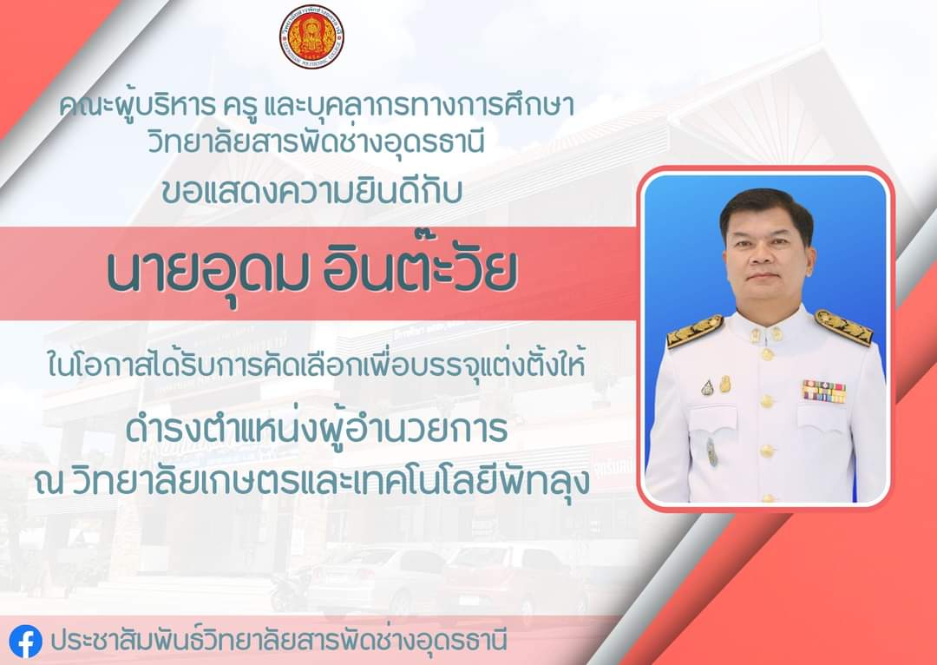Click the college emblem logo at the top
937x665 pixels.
(x=311, y=36)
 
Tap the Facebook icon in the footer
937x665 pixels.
(x=26, y=641)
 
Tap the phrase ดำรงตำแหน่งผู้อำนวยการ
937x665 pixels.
(x=317, y=431)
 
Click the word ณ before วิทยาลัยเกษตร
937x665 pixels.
(x=49, y=482)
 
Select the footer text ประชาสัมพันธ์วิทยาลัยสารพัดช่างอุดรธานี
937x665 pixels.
(x=279, y=641)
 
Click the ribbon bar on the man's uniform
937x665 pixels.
(x=824, y=392)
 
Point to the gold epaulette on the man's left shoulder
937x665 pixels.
(x=843, y=326)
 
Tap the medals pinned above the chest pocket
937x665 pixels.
(x=716, y=385)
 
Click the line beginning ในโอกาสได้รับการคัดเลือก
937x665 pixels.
(x=316, y=364)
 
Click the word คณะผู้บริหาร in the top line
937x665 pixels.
(x=137, y=107)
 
